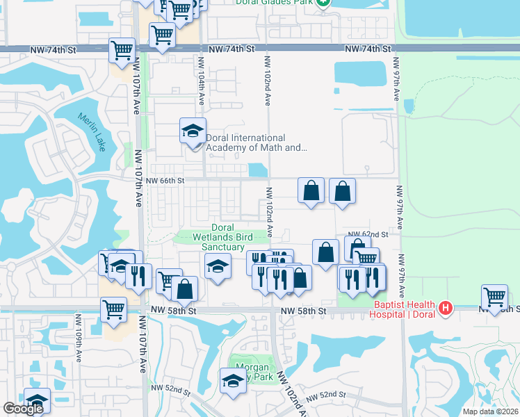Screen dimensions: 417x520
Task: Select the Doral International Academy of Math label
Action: pos(256,142)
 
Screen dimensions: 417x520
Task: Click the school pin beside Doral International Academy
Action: pos(193,130)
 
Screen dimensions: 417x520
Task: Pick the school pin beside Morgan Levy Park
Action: pos(233,380)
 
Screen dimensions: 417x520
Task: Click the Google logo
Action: pos(23,409)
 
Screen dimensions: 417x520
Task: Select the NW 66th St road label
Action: pos(165,181)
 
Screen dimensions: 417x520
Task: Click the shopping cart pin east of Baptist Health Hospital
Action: pos(494,297)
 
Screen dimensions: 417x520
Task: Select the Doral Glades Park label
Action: pos(282,3)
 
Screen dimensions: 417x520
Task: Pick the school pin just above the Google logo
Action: pos(37,400)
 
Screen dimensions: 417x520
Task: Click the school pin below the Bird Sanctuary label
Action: pos(218,265)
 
